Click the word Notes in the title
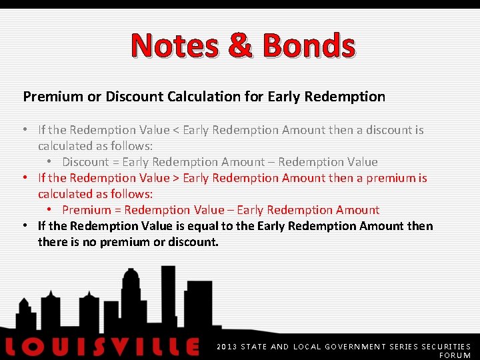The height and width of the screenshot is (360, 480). (174, 45)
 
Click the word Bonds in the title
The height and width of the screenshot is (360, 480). (309, 45)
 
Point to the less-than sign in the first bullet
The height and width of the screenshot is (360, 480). (176, 130)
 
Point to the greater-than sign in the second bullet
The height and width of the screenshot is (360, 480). (176, 178)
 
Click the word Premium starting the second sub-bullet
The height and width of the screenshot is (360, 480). (87, 210)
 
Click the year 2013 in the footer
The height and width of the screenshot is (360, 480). (227, 347)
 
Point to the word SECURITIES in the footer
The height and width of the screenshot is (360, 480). (446, 347)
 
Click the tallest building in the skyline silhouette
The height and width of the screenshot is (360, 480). (167, 293)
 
